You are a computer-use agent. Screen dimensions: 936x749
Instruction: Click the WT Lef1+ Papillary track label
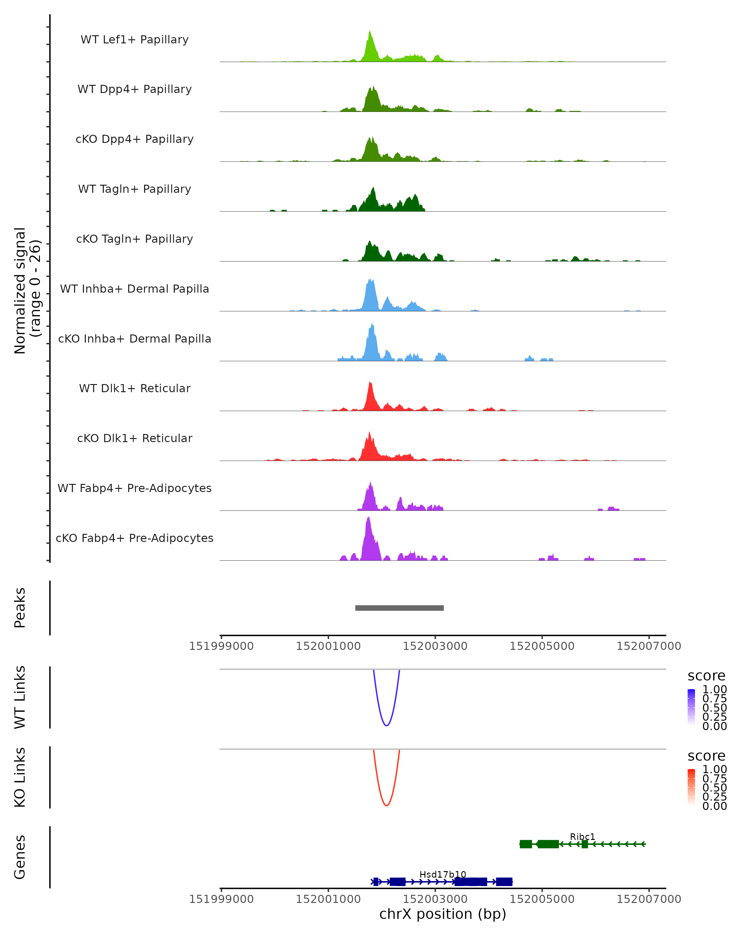135,40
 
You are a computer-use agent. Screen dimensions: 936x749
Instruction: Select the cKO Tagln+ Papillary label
135,239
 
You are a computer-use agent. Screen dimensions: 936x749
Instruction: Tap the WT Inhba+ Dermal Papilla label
135,289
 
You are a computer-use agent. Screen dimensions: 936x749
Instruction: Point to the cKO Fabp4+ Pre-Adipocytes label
135,538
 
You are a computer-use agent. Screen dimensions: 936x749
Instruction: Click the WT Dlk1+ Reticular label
135,388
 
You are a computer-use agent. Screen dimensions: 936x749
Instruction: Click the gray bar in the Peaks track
399,608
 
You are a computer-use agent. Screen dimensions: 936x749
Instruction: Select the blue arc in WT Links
386,725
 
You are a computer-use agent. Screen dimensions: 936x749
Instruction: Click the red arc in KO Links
386,805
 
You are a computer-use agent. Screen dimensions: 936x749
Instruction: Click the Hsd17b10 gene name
443,874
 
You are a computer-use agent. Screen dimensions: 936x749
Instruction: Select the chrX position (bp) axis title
443,914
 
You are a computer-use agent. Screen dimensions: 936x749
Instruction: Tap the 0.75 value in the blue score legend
714,699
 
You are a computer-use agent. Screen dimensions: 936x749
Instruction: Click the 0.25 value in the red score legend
714,797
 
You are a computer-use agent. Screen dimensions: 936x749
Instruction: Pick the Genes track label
20,857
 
